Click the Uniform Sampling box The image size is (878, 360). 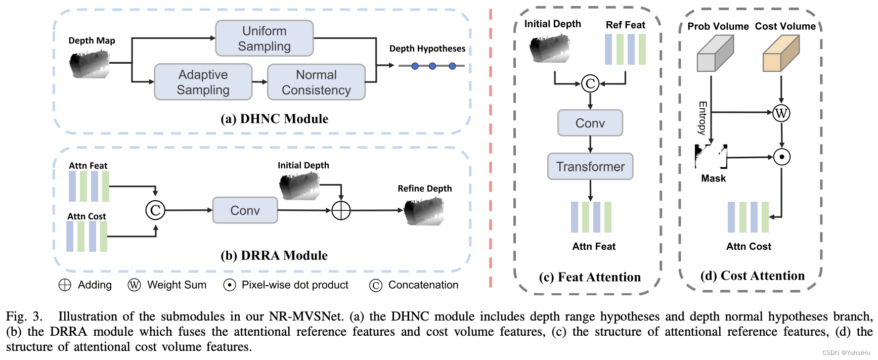tap(264, 38)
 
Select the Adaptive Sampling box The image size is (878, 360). tap(203, 82)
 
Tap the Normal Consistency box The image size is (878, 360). tap(316, 82)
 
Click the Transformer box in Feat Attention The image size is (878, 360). tap(590, 166)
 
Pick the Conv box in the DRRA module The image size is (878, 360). tap(245, 210)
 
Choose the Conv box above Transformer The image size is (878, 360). tap(590, 123)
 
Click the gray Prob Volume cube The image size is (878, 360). tap(715, 54)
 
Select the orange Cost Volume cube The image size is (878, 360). tap(780, 54)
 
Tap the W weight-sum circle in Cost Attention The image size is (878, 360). tap(781, 113)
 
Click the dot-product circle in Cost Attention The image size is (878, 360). tap(781, 157)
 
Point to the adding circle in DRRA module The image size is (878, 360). tap(341, 210)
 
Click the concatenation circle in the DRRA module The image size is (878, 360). tap(155, 210)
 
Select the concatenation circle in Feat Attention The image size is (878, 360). tap(590, 83)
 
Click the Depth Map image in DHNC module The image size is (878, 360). tap(90, 64)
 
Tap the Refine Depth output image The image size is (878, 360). tap(424, 211)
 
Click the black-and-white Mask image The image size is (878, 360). tap(711, 156)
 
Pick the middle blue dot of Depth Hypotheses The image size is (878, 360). tap(432, 66)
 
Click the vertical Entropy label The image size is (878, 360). tap(702, 118)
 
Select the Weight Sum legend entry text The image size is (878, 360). tap(177, 285)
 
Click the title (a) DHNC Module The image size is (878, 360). tap(274, 119)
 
